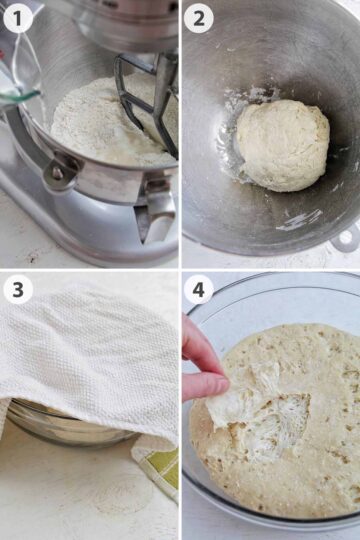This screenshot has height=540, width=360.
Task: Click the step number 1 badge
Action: (x=18, y=18)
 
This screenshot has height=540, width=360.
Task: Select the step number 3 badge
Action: (x=18, y=290)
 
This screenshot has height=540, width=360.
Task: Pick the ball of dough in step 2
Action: (x=282, y=145)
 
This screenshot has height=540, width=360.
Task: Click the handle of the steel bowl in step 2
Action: (x=347, y=238)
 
